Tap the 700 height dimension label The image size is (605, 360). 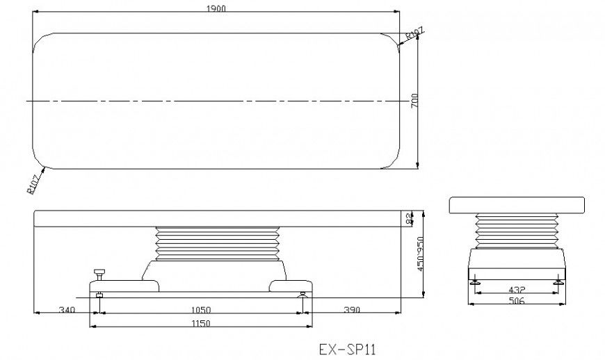(415, 100)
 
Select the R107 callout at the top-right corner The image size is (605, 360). (414, 34)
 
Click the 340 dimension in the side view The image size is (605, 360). (67, 309)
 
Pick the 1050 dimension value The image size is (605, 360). (201, 309)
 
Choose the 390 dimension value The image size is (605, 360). (351, 309)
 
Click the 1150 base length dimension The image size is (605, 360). (201, 323)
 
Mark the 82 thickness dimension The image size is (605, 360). (409, 218)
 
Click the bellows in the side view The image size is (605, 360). (217, 243)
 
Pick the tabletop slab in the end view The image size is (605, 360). (516, 205)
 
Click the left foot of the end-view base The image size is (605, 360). (475, 283)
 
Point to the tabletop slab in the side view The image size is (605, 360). (218, 218)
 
